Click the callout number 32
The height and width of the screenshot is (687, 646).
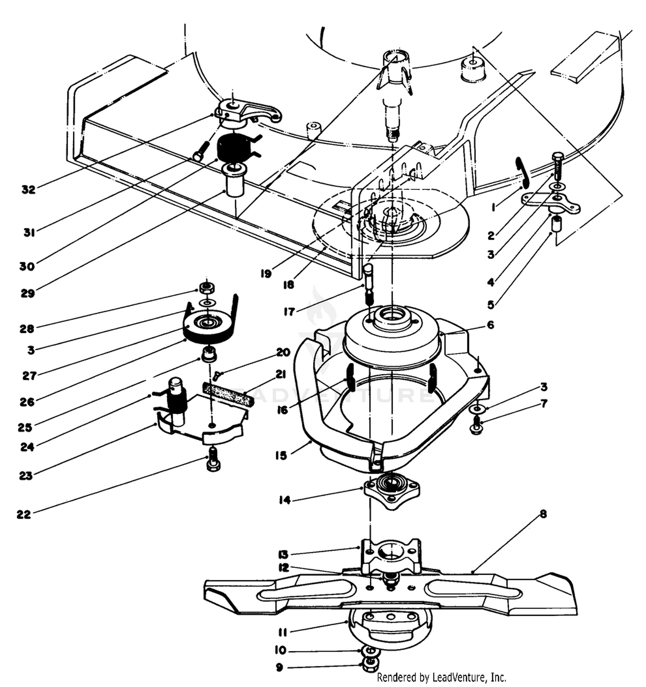click(x=28, y=190)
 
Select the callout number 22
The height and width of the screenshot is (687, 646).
click(x=24, y=514)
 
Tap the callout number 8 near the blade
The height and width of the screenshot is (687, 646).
click(x=543, y=514)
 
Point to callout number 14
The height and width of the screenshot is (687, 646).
click(x=285, y=500)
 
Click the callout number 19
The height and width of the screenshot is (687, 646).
click(x=266, y=274)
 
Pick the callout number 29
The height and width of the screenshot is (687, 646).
click(x=28, y=293)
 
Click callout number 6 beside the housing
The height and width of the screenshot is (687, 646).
click(x=490, y=325)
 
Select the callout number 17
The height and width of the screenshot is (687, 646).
click(x=289, y=312)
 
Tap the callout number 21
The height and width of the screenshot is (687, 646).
click(x=280, y=375)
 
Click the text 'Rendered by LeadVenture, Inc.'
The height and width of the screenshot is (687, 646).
click(x=441, y=678)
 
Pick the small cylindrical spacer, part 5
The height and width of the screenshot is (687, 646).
click(x=557, y=224)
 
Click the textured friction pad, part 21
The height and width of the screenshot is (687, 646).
click(x=228, y=395)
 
